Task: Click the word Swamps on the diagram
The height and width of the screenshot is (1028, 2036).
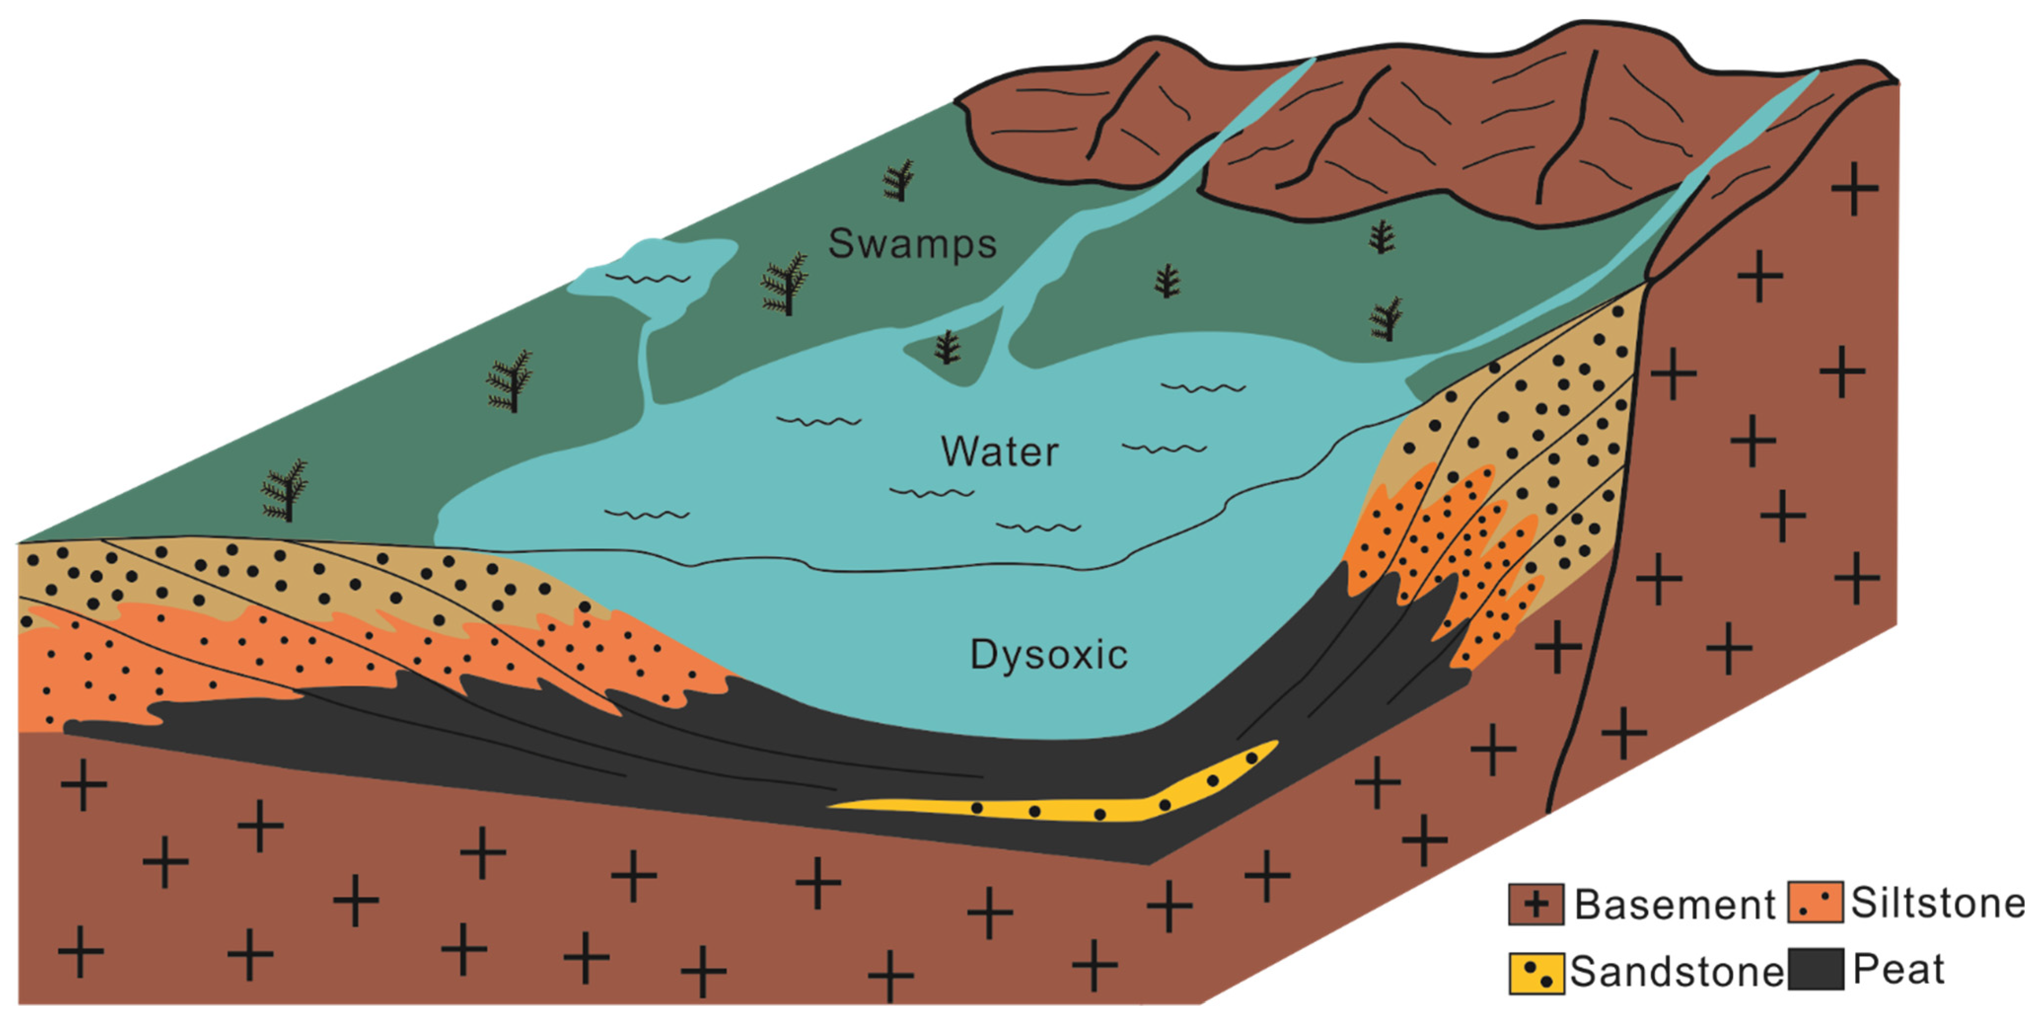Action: [x=911, y=244]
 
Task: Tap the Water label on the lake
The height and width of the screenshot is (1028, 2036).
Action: [x=999, y=452]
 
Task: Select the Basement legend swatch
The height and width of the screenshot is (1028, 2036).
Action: [x=1535, y=904]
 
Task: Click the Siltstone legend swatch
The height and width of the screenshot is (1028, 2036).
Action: [x=1816, y=902]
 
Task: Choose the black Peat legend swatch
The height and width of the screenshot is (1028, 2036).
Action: [x=1816, y=969]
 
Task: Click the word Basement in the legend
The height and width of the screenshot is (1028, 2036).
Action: [x=1674, y=905]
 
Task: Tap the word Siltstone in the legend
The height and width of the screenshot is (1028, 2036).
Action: [x=1938, y=903]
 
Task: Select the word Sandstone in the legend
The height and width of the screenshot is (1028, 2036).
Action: [x=1676, y=972]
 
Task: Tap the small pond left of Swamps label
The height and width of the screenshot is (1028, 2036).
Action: [x=656, y=273]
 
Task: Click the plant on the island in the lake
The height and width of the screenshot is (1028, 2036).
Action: [x=947, y=348]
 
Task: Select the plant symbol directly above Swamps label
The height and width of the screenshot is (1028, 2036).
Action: [x=898, y=180]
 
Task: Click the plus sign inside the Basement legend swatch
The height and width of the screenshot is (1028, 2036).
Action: [x=1535, y=904]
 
